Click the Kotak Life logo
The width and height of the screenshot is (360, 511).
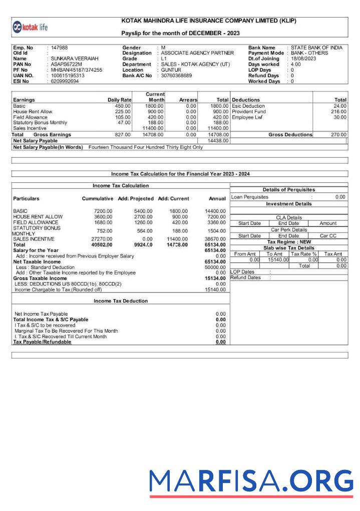tap(34, 27)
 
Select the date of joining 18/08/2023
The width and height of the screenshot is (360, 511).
tap(303, 59)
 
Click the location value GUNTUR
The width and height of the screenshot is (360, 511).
tap(171, 70)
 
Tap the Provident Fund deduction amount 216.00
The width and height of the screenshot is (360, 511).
tap(339, 112)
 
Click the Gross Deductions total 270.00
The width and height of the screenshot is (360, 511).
tap(338, 135)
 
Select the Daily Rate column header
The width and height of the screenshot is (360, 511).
tap(119, 100)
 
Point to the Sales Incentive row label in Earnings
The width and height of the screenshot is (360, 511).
tap(30, 128)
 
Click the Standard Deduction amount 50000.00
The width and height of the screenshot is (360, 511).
tap(215, 268)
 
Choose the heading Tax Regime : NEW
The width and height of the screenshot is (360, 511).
tap(289, 242)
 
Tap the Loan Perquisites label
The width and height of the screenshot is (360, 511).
tap(249, 197)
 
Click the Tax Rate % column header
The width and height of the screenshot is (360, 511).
tap(304, 254)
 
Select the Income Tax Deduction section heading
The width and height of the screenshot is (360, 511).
tap(121, 301)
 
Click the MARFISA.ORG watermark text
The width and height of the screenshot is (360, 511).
tap(251, 481)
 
